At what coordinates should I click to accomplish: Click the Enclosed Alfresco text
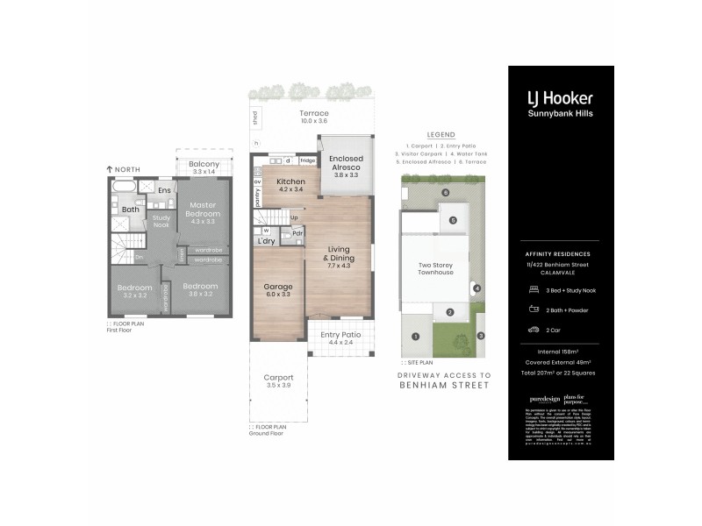pos(347,164)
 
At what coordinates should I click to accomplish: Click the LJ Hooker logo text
pos(559,98)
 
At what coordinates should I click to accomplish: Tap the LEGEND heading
pos(441,136)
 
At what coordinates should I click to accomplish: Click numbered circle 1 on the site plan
pos(416,336)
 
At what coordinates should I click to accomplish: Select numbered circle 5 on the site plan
pos(454,221)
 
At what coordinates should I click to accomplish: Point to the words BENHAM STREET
pos(444,384)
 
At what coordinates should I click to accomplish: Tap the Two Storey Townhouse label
pos(435,268)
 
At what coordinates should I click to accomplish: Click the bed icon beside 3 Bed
pos(533,288)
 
